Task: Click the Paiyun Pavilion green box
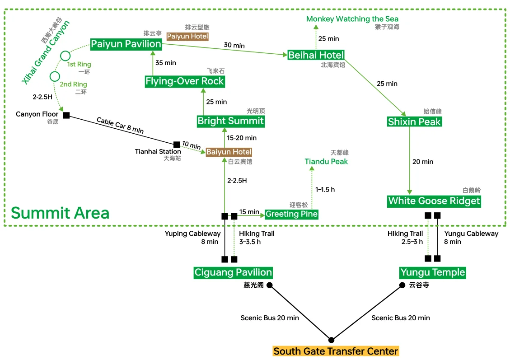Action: (126, 44)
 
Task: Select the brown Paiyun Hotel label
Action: (187, 36)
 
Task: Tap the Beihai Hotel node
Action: (316, 55)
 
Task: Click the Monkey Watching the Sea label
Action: (352, 19)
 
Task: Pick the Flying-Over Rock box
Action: (185, 81)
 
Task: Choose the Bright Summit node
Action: (230, 121)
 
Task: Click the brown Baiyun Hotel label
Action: (229, 152)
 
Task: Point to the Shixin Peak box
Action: (414, 122)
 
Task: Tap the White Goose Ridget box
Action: (434, 201)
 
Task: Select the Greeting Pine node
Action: (291, 214)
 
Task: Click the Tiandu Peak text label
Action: (326, 161)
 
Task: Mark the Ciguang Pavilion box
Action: (233, 272)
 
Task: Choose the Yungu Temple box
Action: (432, 272)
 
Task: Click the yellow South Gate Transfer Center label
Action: (336, 351)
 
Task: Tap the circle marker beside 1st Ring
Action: (66, 56)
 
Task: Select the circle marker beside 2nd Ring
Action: (55, 76)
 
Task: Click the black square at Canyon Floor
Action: (66, 115)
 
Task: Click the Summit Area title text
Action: (60, 213)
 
